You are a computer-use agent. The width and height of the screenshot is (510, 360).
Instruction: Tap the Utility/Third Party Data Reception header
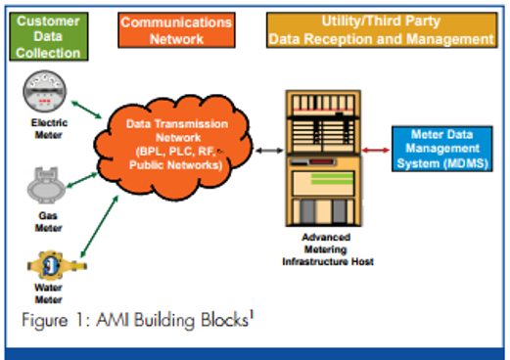point(381,31)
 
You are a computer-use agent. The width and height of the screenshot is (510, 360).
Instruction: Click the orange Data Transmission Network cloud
point(177,147)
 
